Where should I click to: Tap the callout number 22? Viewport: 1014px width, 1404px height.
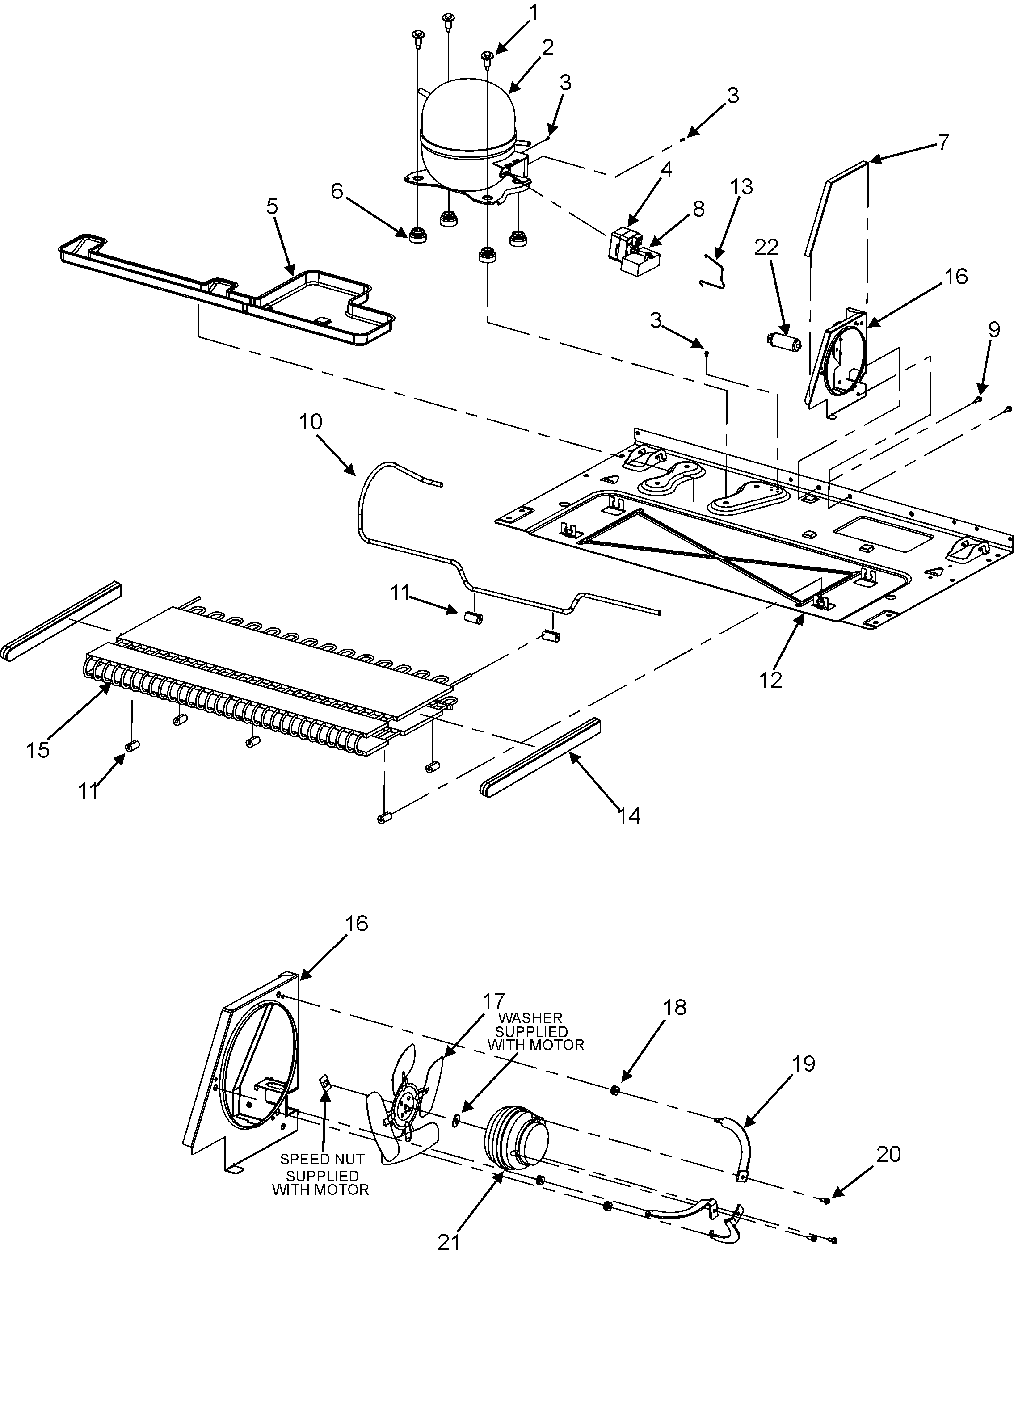(766, 247)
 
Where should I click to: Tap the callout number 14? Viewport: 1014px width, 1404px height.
(628, 815)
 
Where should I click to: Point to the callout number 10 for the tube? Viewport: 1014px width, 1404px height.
(311, 421)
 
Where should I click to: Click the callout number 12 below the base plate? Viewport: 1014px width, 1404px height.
(771, 680)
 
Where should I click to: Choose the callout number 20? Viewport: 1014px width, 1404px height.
(888, 1154)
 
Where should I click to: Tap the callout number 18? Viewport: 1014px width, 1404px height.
(675, 1007)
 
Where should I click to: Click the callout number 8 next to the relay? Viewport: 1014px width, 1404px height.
(698, 209)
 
